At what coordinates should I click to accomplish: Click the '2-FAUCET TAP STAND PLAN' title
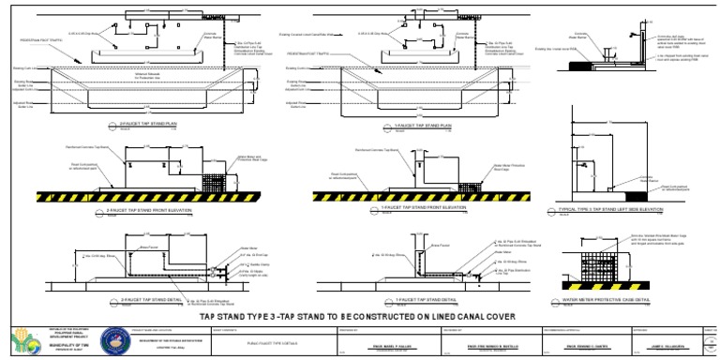point(149,123)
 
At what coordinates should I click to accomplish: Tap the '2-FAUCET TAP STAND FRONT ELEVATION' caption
point(156,211)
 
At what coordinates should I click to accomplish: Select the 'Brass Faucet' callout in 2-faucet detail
point(147,247)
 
